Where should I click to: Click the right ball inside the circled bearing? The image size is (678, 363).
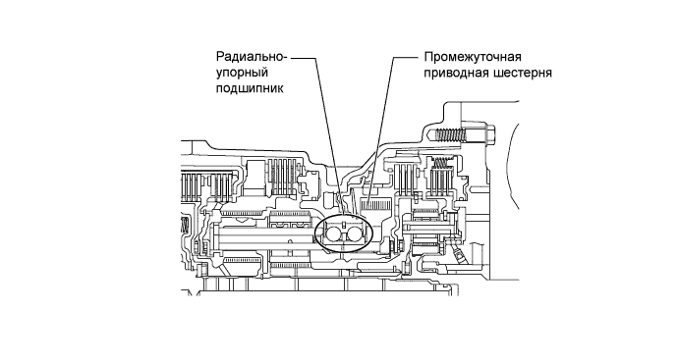point(355,235)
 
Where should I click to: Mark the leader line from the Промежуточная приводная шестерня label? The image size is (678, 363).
point(389,118)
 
